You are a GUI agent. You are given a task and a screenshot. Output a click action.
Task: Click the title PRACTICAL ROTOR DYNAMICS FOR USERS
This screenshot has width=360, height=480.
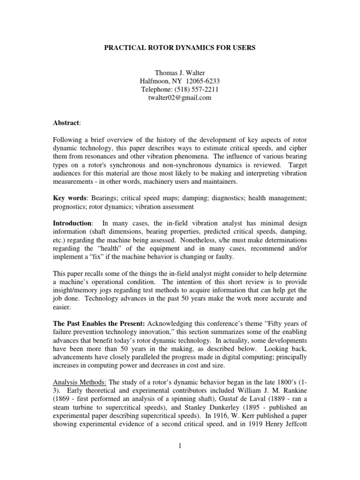[x=180, y=49]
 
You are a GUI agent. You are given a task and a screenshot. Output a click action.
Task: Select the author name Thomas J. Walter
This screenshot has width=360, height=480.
[x=180, y=73]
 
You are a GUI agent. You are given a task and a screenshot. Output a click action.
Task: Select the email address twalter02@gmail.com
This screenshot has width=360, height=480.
[x=180, y=98]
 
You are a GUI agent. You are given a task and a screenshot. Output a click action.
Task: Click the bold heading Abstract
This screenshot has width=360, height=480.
[x=66, y=123]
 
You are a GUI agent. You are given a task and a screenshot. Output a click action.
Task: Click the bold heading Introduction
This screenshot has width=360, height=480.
[x=72, y=224]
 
